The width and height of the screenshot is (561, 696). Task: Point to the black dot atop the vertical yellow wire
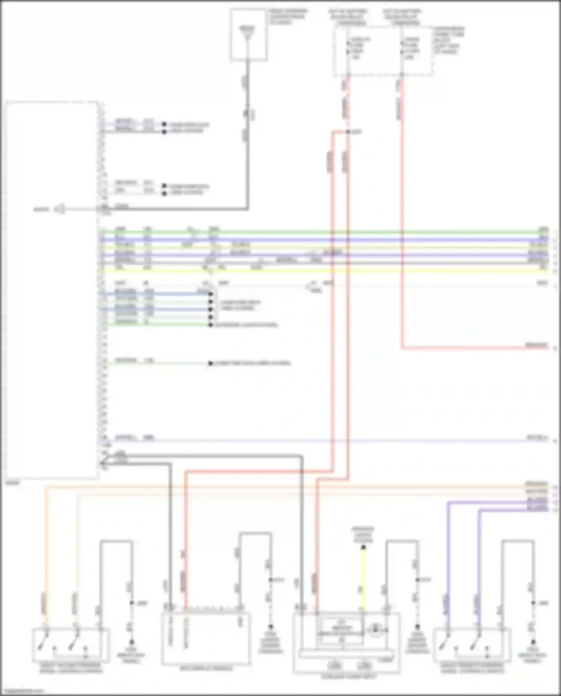363,548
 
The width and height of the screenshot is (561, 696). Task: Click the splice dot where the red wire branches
348,132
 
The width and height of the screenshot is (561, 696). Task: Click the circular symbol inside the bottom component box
375,631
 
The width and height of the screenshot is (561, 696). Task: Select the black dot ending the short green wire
211,325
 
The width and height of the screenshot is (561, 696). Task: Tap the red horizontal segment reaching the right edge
475,348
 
